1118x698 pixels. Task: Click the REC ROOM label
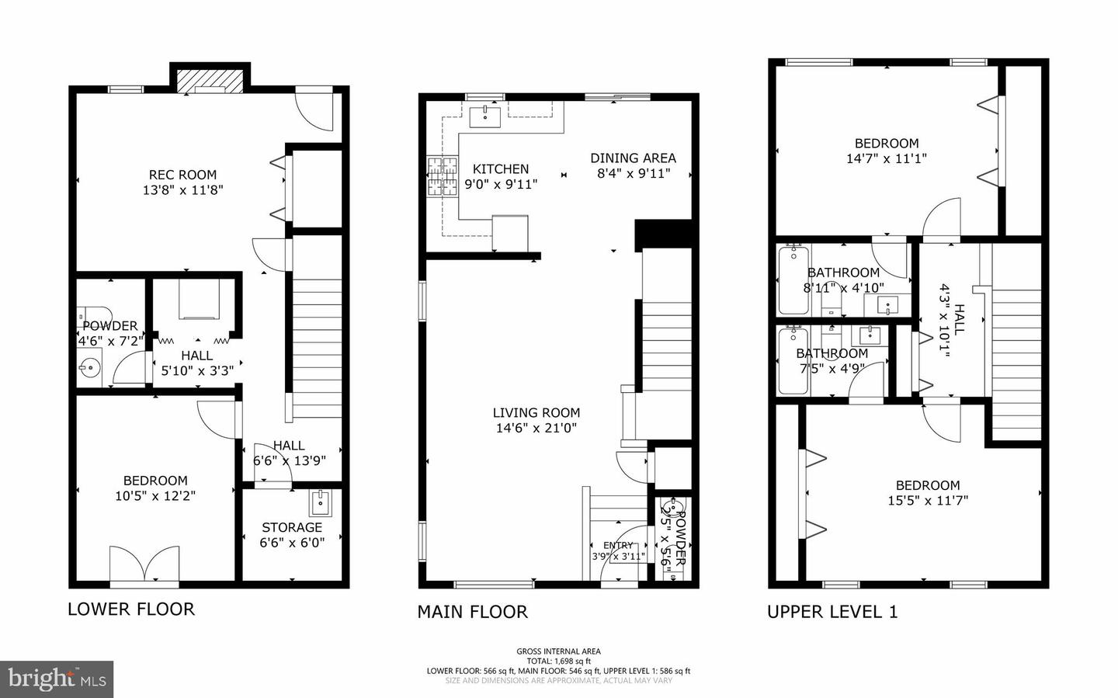pyautogui.click(x=182, y=175)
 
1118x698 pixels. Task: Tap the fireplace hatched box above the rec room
pyautogui.click(x=210, y=80)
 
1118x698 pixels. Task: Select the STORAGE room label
pyautogui.click(x=292, y=527)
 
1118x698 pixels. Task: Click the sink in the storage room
pyautogui.click(x=321, y=503)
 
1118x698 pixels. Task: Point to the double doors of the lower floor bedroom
pyautogui.click(x=144, y=564)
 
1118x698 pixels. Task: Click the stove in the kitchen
pyautogui.click(x=442, y=178)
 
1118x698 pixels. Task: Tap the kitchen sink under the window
pyautogui.click(x=485, y=116)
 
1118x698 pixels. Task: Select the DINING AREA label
pyautogui.click(x=633, y=158)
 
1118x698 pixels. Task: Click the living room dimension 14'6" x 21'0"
pyautogui.click(x=536, y=428)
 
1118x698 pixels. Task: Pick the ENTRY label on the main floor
pyautogui.click(x=618, y=545)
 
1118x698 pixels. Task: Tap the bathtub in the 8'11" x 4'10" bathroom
pyautogui.click(x=793, y=279)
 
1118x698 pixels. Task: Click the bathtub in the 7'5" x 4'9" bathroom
pyautogui.click(x=793, y=361)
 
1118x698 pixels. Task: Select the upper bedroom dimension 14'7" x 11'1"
pyautogui.click(x=886, y=158)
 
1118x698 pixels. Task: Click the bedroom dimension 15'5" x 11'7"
pyautogui.click(x=928, y=501)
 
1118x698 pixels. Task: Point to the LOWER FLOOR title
pyautogui.click(x=130, y=609)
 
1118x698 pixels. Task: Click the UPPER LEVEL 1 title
pyautogui.click(x=832, y=612)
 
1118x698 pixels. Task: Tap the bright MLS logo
pyautogui.click(x=56, y=679)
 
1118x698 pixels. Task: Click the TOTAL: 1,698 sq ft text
pyautogui.click(x=558, y=662)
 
